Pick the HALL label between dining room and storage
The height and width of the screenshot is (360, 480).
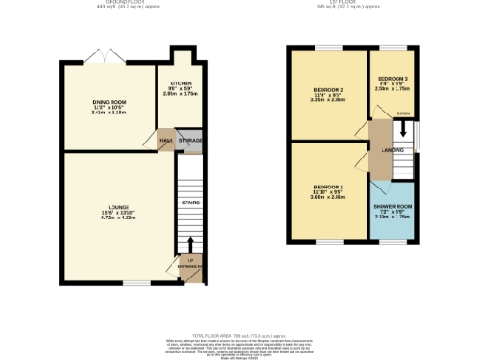(166, 141)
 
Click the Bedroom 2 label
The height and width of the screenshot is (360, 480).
(327, 91)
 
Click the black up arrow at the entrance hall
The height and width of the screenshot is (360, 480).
(191, 247)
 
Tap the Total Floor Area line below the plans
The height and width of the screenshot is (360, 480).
(238, 335)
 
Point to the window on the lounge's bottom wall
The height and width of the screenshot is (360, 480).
(138, 283)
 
